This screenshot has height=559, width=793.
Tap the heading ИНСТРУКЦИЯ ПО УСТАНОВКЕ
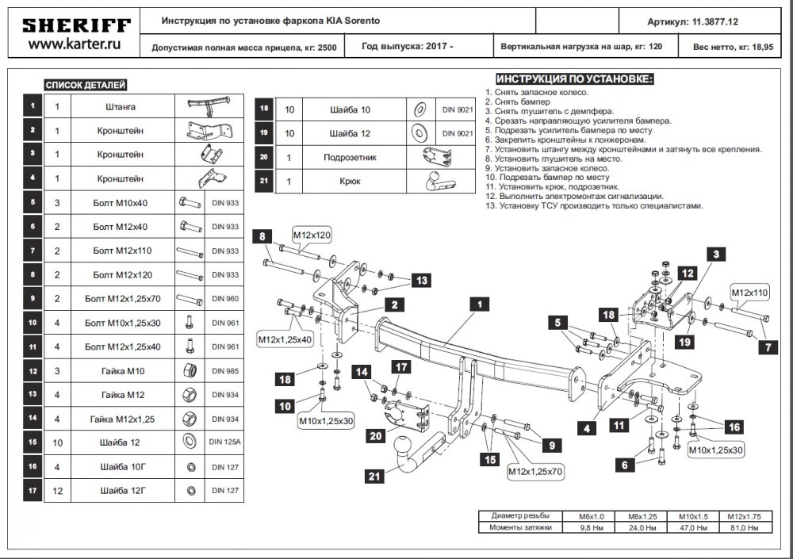pyautogui.click(x=575, y=79)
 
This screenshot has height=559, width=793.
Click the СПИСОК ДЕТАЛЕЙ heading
pyautogui.click(x=86, y=85)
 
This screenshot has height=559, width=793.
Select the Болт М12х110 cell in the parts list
pyautogui.click(x=122, y=251)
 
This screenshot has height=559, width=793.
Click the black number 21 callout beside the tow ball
pyautogui.click(x=374, y=476)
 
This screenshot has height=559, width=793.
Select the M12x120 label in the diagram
pyautogui.click(x=311, y=235)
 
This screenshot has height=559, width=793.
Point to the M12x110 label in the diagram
pyautogui.click(x=750, y=293)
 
